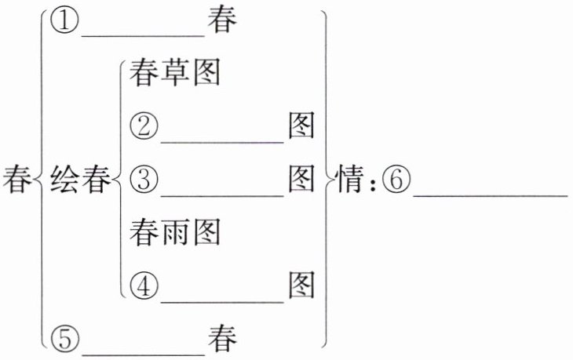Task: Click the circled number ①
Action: (x=64, y=21)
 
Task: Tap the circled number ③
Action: (x=144, y=180)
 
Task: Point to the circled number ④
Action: (x=144, y=285)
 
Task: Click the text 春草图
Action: (x=174, y=73)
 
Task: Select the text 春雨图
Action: (x=174, y=233)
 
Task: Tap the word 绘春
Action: (x=76, y=180)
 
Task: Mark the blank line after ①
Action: (x=143, y=34)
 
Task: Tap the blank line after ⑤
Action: (x=143, y=352)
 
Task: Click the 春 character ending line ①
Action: (x=223, y=21)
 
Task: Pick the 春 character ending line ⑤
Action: (x=223, y=339)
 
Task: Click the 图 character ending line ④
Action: (x=301, y=285)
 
